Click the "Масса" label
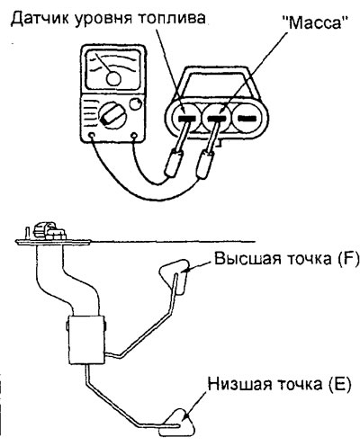click(x=315, y=22)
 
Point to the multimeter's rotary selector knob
click(x=112, y=115)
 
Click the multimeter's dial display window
click(x=113, y=70)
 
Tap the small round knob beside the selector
click(x=135, y=104)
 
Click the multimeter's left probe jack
click(x=92, y=136)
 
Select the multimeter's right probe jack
click(x=135, y=136)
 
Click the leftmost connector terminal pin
click(x=187, y=119)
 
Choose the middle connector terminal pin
click(x=217, y=119)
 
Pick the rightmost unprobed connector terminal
click(x=247, y=119)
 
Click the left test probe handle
click(x=174, y=163)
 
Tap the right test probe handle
click(x=205, y=165)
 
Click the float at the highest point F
click(x=175, y=276)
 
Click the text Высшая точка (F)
click(x=286, y=259)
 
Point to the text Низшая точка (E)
click(x=280, y=385)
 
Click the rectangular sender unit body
click(x=86, y=340)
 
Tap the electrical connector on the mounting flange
click(x=49, y=230)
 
